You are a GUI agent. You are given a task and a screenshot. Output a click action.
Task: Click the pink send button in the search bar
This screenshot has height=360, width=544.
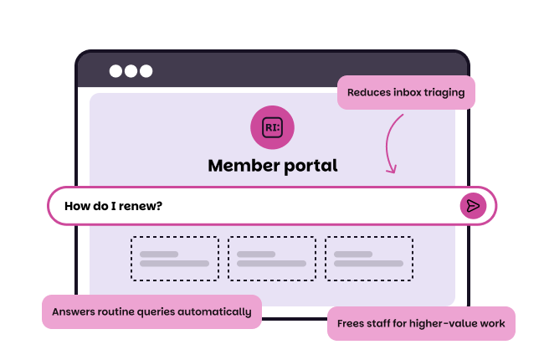tap(473, 206)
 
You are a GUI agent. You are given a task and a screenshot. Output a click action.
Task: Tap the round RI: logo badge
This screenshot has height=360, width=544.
tap(272, 127)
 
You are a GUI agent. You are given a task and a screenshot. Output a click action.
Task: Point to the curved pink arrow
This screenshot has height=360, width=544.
tap(392, 144)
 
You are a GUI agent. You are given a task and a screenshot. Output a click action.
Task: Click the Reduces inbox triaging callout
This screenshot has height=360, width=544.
tap(406, 93)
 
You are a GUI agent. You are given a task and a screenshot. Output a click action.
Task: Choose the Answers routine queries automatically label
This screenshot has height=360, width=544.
tap(151, 311)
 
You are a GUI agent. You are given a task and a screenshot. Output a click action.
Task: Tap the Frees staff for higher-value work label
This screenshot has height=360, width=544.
tap(421, 323)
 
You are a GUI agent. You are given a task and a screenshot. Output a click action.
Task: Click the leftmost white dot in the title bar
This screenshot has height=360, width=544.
tap(115, 71)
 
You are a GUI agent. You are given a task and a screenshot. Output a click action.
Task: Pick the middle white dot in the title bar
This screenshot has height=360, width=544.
tap(131, 71)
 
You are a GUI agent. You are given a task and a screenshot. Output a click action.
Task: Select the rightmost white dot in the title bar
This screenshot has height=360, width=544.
tap(146, 71)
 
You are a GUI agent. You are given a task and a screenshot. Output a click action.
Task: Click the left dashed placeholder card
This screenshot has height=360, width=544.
tap(174, 258)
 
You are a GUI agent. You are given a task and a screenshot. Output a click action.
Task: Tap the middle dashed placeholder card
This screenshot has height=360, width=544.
tap(272, 258)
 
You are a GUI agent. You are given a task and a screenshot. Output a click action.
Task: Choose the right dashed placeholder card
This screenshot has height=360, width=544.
tap(369, 258)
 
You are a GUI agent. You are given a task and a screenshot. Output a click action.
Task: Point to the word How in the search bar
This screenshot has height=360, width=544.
tap(77, 206)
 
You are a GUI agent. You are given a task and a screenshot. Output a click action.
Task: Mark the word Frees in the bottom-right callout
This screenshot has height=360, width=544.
tap(352, 323)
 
